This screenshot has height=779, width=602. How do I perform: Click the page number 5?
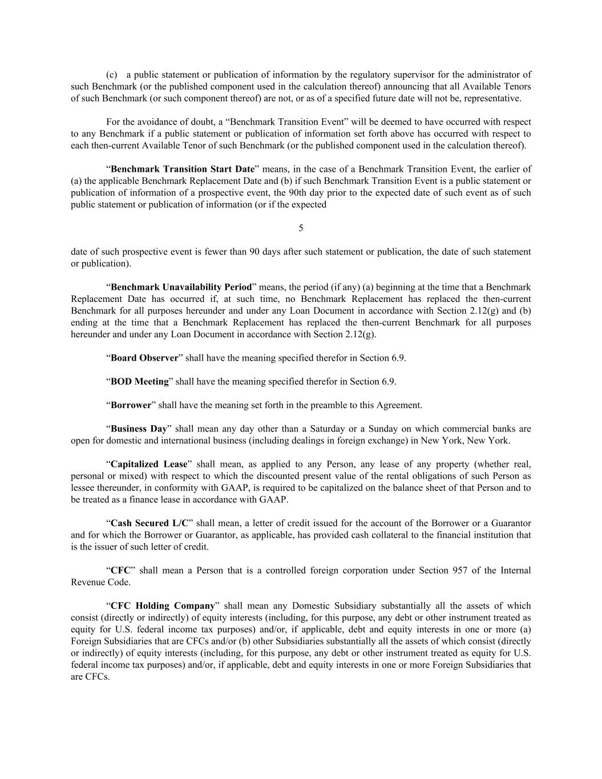click(301, 228)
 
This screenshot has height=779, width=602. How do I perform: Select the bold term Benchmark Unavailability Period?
click(181, 287)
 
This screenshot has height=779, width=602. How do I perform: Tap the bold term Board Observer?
click(144, 358)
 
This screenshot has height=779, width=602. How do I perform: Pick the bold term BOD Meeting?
click(140, 381)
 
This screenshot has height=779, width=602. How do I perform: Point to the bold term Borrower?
click(131, 405)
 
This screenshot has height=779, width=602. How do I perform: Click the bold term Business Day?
click(139, 429)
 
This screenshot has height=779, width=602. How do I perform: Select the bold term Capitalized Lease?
click(149, 464)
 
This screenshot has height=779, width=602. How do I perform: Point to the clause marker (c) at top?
click(112, 75)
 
